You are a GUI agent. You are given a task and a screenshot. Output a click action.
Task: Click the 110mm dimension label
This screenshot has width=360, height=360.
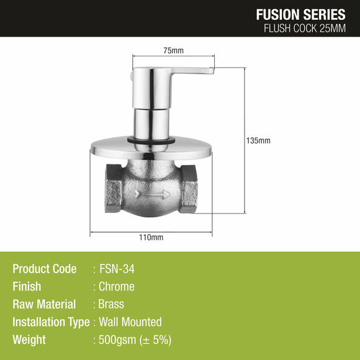coord(151,238)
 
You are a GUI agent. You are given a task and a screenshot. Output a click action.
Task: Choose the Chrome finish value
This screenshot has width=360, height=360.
coord(117,287)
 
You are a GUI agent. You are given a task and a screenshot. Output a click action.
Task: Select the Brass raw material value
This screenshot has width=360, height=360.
coord(112,304)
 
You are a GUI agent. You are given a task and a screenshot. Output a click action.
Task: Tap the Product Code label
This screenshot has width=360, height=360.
coord(45,269)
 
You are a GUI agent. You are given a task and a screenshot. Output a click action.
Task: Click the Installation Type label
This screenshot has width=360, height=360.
coord(50,322)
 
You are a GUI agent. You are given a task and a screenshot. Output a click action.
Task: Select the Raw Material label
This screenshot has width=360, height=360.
coord(44,304)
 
